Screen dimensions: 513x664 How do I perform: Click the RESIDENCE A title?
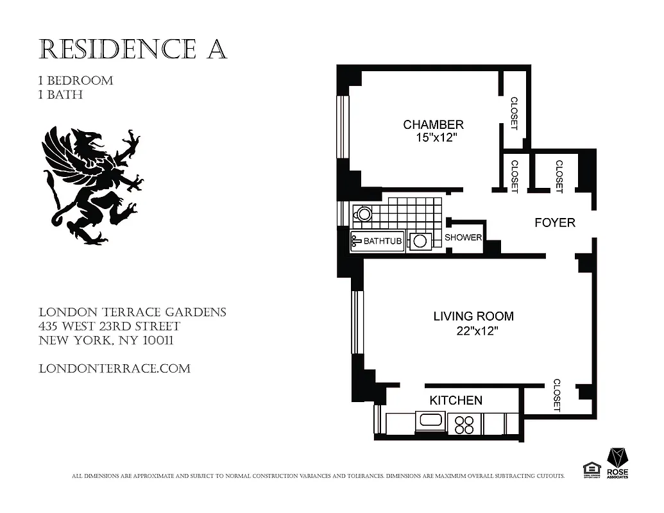click(x=133, y=49)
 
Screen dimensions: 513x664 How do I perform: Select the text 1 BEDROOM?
click(x=76, y=81)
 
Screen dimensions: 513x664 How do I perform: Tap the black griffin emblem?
click(x=94, y=186)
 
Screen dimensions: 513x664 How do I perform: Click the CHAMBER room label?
click(x=433, y=124)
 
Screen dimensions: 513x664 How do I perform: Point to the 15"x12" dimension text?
click(x=434, y=138)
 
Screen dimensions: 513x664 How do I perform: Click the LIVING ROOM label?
click(x=473, y=316)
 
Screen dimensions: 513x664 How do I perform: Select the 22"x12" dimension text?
click(x=474, y=331)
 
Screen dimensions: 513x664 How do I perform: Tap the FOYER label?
click(x=555, y=223)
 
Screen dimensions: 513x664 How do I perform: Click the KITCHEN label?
click(x=455, y=400)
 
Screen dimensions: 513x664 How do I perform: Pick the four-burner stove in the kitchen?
click(x=464, y=425)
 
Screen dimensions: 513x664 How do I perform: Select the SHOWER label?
click(x=463, y=237)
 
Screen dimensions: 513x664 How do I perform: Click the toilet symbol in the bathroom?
click(x=364, y=214)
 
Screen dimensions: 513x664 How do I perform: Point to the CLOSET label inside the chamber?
click(x=514, y=113)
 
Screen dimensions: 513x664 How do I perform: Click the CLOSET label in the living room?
click(x=556, y=395)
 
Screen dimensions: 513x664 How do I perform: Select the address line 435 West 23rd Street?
click(x=109, y=326)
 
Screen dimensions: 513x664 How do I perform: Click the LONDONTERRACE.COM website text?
click(x=114, y=369)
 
